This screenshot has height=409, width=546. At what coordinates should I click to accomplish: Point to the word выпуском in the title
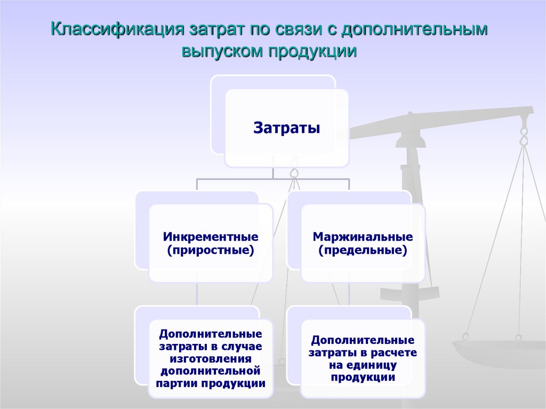[222, 51]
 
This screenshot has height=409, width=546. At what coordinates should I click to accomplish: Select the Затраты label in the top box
[286, 127]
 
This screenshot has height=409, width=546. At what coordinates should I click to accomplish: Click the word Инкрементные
[211, 237]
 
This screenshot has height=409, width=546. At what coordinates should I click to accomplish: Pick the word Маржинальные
[363, 237]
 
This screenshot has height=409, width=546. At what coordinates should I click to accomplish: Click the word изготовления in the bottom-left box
[211, 359]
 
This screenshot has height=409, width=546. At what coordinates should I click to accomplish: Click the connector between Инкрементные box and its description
[197, 294]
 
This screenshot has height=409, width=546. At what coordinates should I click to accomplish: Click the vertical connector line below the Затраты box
[273, 173]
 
